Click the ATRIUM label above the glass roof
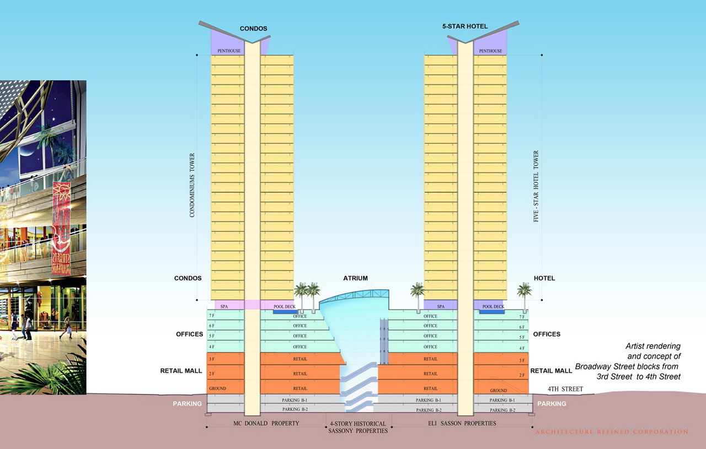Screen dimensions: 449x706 pyautogui.click(x=355, y=278)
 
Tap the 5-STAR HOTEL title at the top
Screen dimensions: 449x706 pyautogui.click(x=465, y=26)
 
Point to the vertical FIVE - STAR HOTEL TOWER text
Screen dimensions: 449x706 pyautogui.click(x=536, y=186)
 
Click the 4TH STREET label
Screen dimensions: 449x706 pyautogui.click(x=565, y=389)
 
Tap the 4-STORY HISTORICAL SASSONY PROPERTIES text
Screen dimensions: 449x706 pyautogui.click(x=359, y=427)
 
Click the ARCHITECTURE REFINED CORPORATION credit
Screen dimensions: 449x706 pyautogui.click(x=612, y=432)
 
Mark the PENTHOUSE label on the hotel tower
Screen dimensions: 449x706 pyautogui.click(x=490, y=51)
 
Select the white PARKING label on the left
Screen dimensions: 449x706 pyautogui.click(x=187, y=404)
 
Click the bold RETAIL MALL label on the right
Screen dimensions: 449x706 pyautogui.click(x=551, y=371)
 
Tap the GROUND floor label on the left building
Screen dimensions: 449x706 pyautogui.click(x=217, y=388)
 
